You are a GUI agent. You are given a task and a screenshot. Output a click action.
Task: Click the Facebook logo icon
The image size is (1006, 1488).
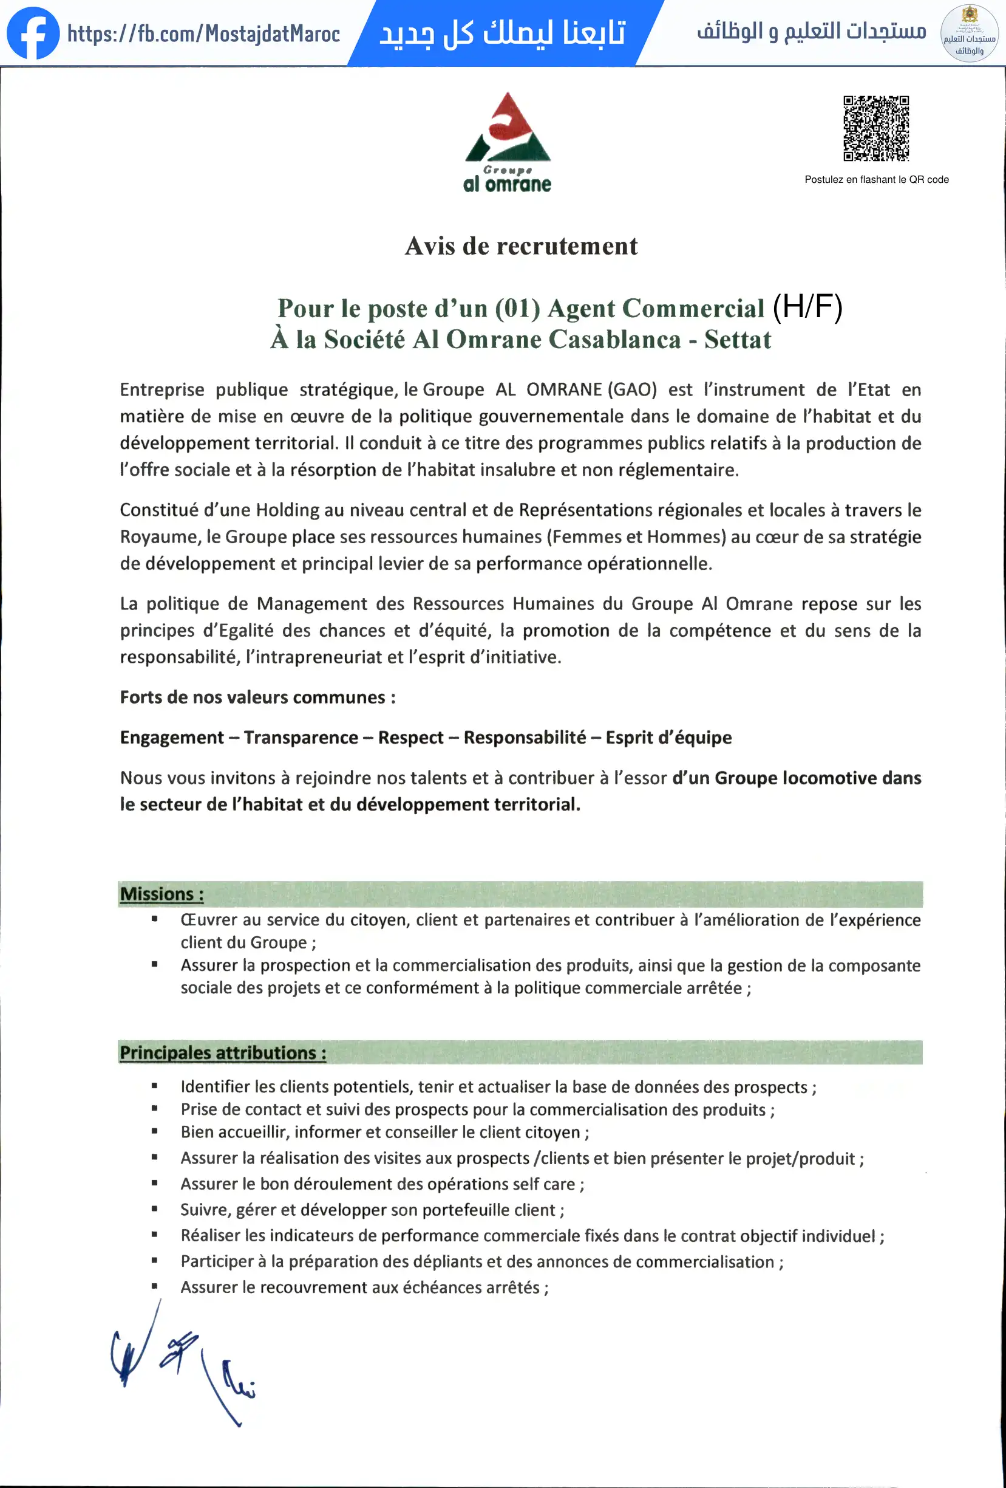[33, 33]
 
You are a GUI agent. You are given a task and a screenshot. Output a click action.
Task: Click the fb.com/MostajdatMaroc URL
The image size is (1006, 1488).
[203, 33]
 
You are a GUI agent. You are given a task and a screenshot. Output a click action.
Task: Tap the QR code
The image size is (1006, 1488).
[876, 128]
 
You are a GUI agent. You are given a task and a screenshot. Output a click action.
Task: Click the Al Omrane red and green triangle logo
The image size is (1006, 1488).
[508, 128]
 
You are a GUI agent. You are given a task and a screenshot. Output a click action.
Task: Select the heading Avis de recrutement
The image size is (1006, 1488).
[521, 247]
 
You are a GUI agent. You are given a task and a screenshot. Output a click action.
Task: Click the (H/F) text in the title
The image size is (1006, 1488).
[807, 307]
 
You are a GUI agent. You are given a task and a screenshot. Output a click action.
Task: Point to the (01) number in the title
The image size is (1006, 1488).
[517, 309]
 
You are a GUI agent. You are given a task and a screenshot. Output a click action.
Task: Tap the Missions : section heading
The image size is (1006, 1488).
[162, 894]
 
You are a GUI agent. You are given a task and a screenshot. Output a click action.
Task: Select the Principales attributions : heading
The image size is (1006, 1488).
[223, 1052]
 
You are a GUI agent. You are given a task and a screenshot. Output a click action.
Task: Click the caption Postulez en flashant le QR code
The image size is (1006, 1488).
[876, 180]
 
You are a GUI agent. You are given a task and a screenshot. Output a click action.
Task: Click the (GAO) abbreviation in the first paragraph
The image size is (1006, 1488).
[631, 389]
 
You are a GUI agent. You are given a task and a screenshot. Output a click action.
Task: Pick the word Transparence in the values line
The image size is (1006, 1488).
[301, 738]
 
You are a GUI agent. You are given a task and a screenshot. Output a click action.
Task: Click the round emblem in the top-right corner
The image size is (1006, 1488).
[970, 33]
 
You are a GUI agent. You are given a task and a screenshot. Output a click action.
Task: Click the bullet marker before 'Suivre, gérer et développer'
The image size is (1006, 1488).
[154, 1209]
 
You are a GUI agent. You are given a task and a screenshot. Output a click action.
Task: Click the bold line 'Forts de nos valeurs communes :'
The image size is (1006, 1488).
[258, 698]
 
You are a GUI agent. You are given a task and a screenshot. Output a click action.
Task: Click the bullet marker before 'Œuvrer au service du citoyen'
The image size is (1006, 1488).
[154, 919]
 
